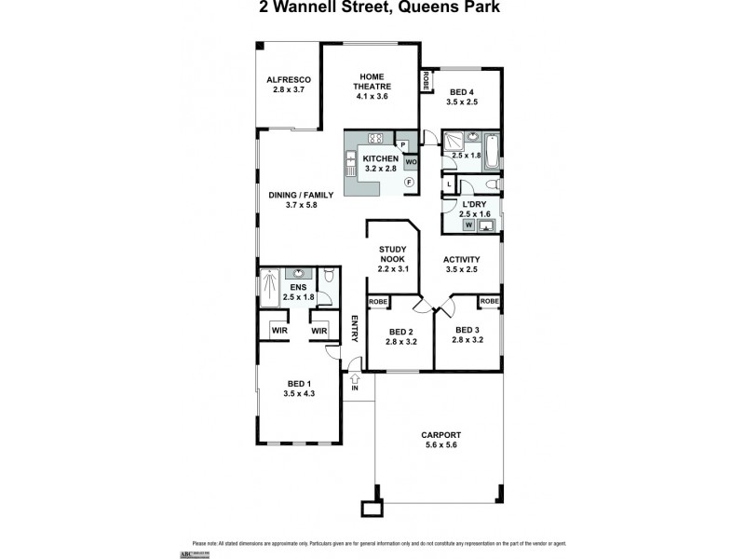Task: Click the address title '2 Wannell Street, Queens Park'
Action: pos(372,8)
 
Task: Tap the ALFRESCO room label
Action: pos(288,80)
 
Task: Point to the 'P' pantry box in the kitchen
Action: pos(402,144)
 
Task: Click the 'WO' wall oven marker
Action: pos(411,161)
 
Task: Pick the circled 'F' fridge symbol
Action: pos(409,184)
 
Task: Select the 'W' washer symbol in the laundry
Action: pos(467,225)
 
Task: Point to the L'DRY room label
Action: pos(471,204)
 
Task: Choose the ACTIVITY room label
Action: pos(461,260)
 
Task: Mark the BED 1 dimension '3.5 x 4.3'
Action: pos(299,394)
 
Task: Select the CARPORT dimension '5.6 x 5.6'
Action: pos(440,445)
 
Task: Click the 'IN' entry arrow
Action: pos(355,381)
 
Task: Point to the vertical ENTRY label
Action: pos(354,331)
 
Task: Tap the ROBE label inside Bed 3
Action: pos(490,301)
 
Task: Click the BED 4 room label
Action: pos(463,92)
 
